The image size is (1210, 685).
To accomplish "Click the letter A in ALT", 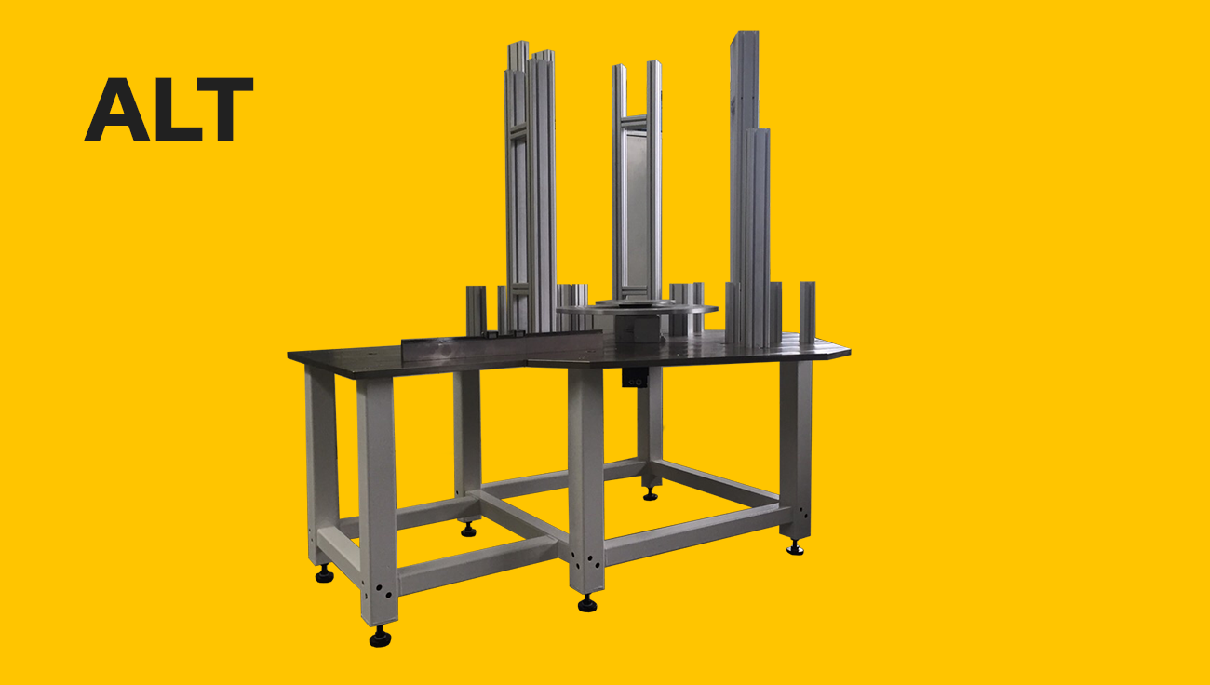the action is coord(116,110).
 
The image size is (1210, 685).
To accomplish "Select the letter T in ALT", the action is coord(224,110).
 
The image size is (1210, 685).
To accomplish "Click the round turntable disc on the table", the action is coord(637,308).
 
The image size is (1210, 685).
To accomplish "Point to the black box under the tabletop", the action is coord(635,377).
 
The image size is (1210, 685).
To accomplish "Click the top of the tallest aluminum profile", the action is coord(745,33).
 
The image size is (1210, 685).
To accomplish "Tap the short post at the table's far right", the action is coord(807,312).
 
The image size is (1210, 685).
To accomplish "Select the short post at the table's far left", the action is coord(476,311).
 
